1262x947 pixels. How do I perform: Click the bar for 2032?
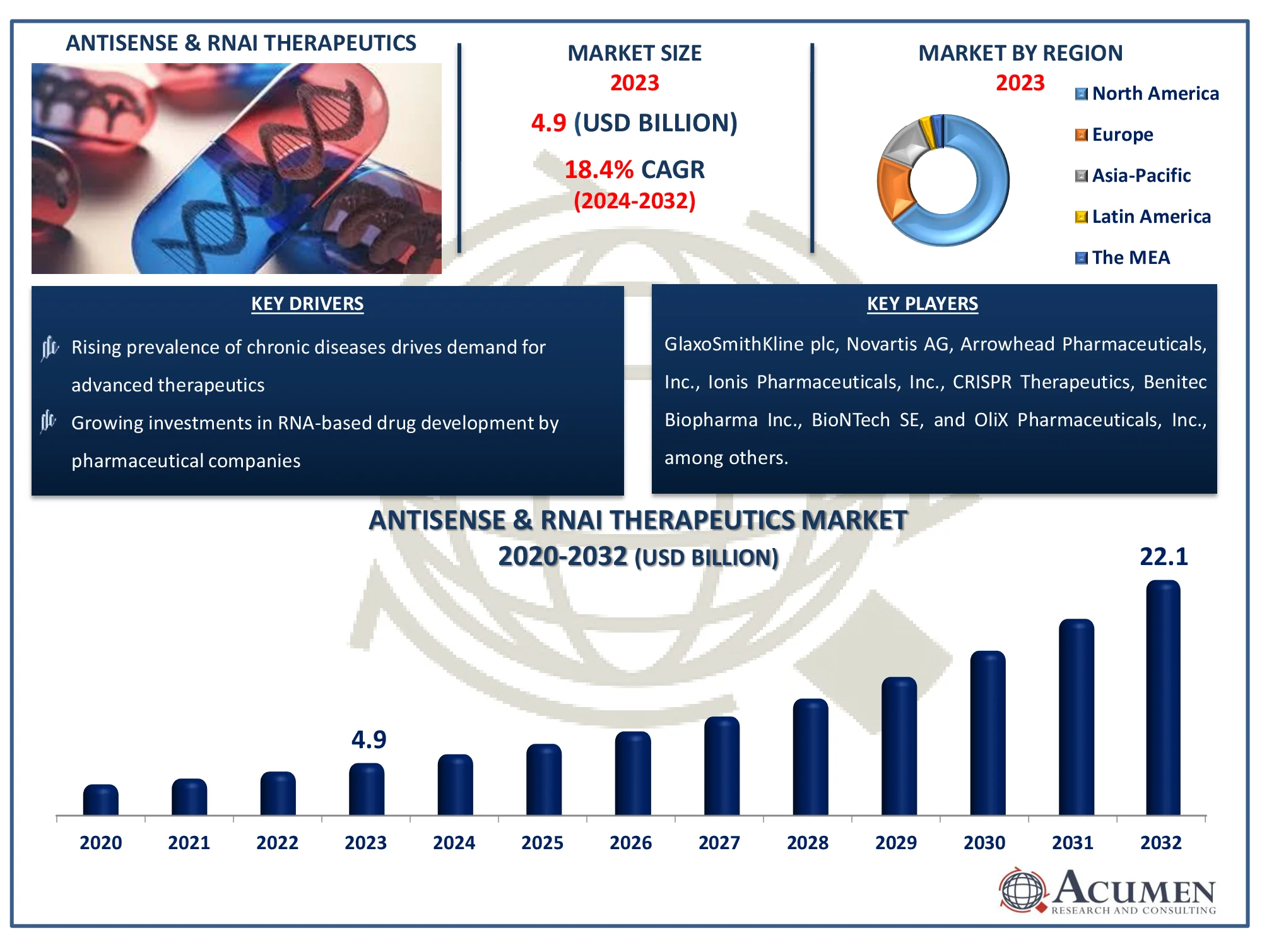1163,698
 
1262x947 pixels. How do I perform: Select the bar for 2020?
101,800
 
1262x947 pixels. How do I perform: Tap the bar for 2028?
810,757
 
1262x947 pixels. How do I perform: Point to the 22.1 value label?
1164,557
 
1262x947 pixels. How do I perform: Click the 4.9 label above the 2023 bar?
369,739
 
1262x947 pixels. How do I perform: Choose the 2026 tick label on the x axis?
630,843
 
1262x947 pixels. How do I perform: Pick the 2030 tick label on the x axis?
984,843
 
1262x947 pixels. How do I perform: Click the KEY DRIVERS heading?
307,304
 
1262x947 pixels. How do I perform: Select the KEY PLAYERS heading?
922,304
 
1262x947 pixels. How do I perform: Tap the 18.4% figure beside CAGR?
598,170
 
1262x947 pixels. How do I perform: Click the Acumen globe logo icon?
1022,890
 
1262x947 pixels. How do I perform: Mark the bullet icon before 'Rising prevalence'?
50,348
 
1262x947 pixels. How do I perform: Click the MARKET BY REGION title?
1020,53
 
